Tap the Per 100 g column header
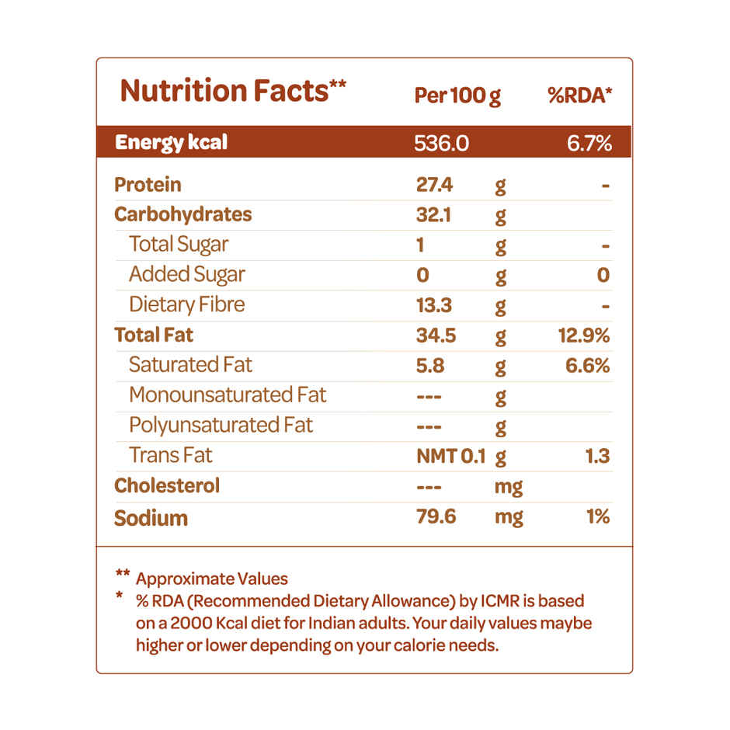457,96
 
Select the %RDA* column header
579,96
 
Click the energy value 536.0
443,144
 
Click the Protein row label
148,185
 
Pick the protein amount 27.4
435,185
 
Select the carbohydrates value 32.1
433,215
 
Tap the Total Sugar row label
179,245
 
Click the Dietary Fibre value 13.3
434,305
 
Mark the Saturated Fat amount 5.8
430,366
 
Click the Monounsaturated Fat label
228,395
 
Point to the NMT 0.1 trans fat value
450,457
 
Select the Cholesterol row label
167,486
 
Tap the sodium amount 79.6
436,516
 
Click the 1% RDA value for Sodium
597,516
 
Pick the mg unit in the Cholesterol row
509,488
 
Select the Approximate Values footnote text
211,579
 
